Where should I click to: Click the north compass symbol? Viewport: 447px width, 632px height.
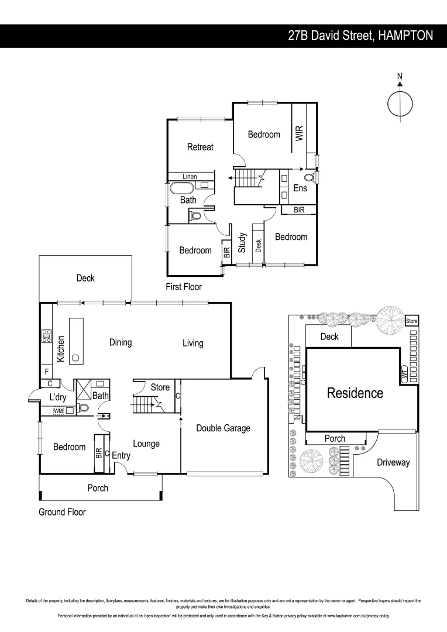(400, 103)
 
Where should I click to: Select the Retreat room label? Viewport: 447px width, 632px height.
(200, 147)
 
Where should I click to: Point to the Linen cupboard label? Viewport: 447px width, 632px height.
(189, 176)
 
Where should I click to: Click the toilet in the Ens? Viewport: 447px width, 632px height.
(310, 177)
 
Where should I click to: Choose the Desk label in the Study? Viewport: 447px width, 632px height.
(259, 246)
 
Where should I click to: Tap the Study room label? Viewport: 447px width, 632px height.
(242, 243)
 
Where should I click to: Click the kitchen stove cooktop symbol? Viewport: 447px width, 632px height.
(46, 336)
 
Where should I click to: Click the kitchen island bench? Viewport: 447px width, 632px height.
(77, 341)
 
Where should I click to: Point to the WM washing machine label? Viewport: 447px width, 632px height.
(58, 411)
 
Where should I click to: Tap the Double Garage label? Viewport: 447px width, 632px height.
(223, 428)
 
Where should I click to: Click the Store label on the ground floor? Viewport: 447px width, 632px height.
(160, 387)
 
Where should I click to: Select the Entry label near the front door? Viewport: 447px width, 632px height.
(121, 456)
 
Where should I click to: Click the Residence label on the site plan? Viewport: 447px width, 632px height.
(355, 393)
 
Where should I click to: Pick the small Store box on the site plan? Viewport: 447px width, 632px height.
(412, 321)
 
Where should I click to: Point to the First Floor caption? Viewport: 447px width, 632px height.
(183, 287)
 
